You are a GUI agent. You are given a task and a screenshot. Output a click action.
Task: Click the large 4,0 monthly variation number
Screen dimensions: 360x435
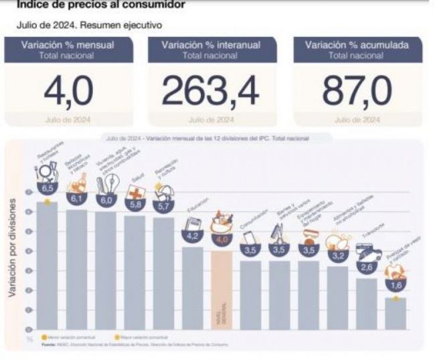pyautogui.click(x=68, y=93)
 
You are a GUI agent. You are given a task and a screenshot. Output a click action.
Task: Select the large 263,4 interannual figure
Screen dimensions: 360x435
pyautogui.click(x=211, y=93)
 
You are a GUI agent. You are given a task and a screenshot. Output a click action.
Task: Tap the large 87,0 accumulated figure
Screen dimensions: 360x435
pyautogui.click(x=357, y=93)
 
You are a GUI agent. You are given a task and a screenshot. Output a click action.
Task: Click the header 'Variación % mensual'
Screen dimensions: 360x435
pyautogui.click(x=68, y=46)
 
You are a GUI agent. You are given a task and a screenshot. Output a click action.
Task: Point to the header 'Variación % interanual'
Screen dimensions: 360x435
pyautogui.click(x=211, y=46)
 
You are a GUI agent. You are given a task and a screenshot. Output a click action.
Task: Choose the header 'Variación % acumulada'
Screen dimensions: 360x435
pyautogui.click(x=357, y=46)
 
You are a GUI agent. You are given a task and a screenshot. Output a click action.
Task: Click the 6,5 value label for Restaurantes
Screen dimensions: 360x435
pyautogui.click(x=47, y=189)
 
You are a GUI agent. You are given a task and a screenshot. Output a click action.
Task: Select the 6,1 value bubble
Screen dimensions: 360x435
pyautogui.click(x=76, y=199)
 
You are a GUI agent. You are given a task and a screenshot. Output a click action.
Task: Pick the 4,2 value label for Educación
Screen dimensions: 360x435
pyautogui.click(x=193, y=236)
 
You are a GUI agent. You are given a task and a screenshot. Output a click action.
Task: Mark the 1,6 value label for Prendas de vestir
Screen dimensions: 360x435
pyautogui.click(x=396, y=286)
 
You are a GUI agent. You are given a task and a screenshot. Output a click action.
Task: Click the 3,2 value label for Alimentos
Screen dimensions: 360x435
pyautogui.click(x=337, y=256)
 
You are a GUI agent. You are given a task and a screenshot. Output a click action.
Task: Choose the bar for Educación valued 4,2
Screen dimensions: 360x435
pyautogui.click(x=193, y=288)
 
